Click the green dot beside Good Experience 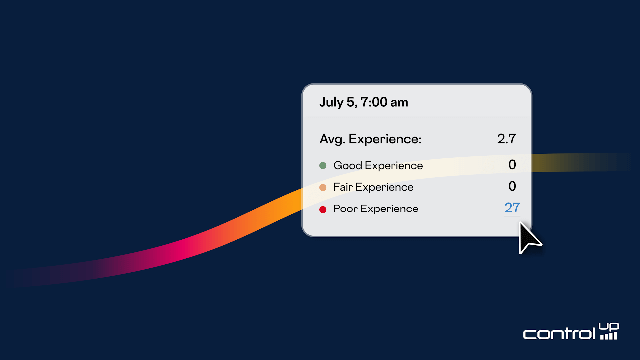click(323, 165)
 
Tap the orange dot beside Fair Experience click(323, 187)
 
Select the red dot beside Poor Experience click(323, 209)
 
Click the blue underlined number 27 click(512, 208)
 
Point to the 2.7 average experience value click(507, 139)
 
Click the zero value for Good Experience click(512, 165)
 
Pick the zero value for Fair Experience click(512, 186)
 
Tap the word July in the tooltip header click(331, 102)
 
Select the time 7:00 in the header click(374, 102)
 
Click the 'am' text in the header click(399, 103)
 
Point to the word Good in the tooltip click(348, 165)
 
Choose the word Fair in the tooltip click(343, 187)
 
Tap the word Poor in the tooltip click(346, 209)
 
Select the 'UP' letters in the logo click(609, 327)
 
